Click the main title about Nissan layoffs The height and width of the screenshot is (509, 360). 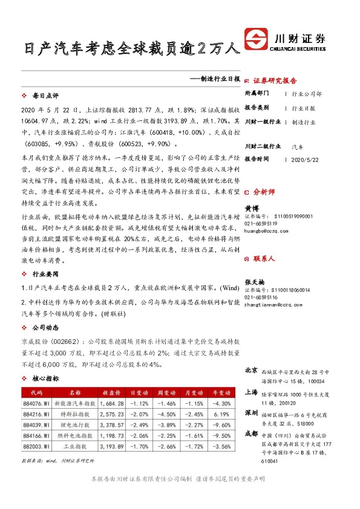pyautogui.click(x=128, y=49)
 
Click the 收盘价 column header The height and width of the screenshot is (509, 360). pyautogui.click(x=113, y=392)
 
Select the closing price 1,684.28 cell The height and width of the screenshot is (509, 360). pyautogui.click(x=113, y=404)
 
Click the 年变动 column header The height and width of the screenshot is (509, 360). pyautogui.click(x=220, y=392)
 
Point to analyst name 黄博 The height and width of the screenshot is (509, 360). pyautogui.click(x=251, y=207)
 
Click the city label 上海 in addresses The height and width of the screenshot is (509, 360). pyautogui.click(x=252, y=392)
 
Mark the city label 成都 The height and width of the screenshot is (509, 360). pyautogui.click(x=252, y=433)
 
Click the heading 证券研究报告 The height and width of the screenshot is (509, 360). pyautogui.click(x=274, y=80)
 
